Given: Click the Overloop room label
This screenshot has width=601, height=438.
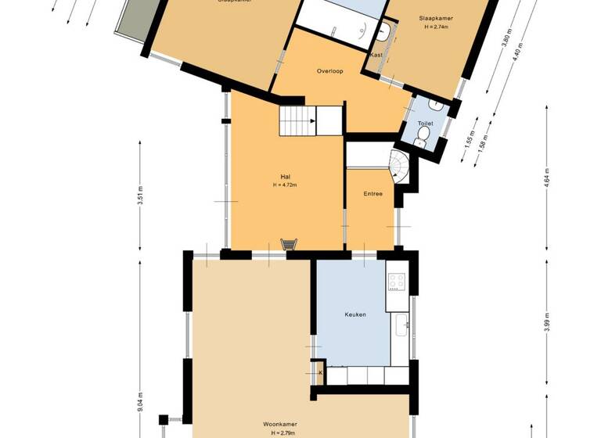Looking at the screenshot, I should click(331, 70).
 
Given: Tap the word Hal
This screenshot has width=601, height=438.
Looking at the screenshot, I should click(285, 176).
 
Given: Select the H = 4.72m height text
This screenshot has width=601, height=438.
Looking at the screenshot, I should click(285, 185).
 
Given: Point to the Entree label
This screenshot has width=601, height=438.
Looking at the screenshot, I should click(372, 193).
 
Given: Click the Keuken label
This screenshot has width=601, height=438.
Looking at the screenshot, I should click(355, 314).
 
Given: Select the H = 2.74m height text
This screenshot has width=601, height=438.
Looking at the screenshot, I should click(436, 27).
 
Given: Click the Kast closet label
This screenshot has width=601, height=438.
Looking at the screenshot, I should click(376, 56).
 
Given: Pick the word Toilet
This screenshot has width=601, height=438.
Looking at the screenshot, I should click(425, 124).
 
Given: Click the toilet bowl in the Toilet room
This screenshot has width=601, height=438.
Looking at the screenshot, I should click(423, 138).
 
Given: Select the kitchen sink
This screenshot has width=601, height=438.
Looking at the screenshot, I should click(401, 323).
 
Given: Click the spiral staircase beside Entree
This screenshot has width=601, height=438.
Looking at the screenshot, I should click(399, 167).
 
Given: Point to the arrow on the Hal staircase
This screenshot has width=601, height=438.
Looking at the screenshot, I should click(311, 121).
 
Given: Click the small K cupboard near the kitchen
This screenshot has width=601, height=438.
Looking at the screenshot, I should click(318, 373).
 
